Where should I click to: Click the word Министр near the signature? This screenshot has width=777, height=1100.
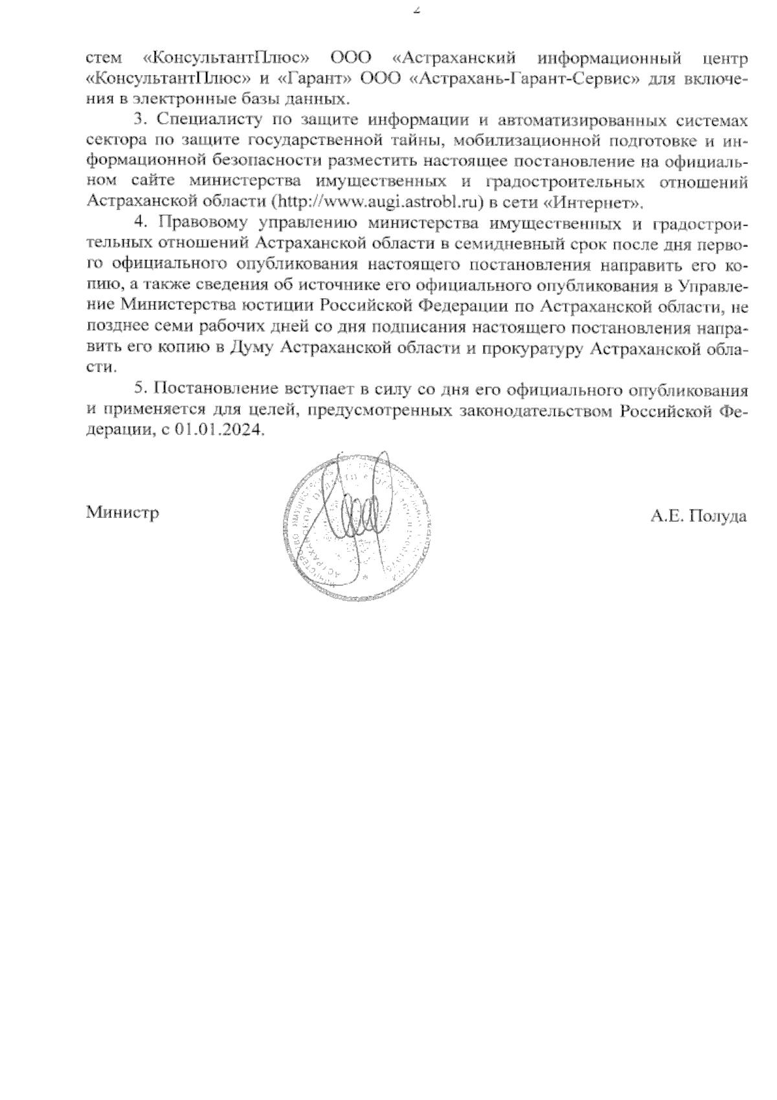click(122, 513)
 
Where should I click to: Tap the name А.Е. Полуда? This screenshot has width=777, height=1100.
click(699, 517)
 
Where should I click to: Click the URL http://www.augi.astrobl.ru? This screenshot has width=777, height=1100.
click(378, 202)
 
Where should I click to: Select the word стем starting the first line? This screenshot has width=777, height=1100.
click(104, 59)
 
